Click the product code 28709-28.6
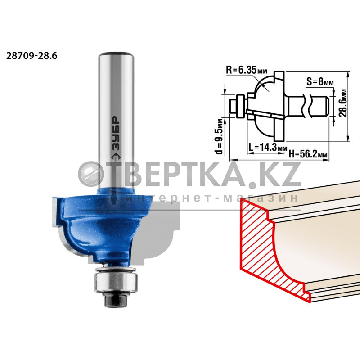click(31, 56)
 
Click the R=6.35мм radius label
click(247, 70)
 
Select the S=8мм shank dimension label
click(320, 81)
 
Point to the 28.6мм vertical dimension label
click(344, 103)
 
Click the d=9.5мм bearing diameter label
click(219, 136)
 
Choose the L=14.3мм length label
click(267, 147)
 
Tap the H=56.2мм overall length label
click(308, 154)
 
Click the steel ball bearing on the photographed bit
click(116, 282)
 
